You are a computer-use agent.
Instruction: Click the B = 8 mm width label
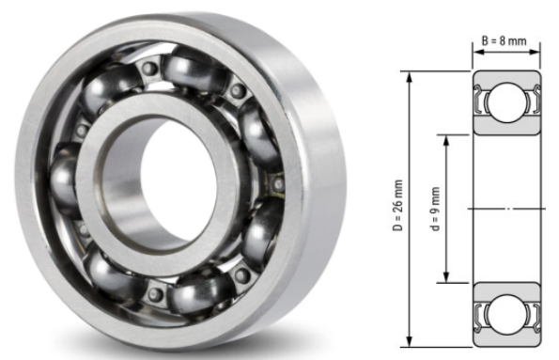coord(505,41)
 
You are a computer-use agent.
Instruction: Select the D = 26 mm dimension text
coord(397,205)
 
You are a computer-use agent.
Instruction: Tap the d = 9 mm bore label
coord(435,209)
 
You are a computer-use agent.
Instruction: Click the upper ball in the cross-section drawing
coord(506,102)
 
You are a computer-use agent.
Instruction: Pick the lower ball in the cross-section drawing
coord(506,315)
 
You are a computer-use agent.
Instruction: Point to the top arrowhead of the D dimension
coord(410,78)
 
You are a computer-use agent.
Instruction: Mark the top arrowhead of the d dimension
coord(446,142)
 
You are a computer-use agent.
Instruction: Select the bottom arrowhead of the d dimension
coord(446,276)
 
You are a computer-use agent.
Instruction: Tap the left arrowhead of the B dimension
coord(479,52)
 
